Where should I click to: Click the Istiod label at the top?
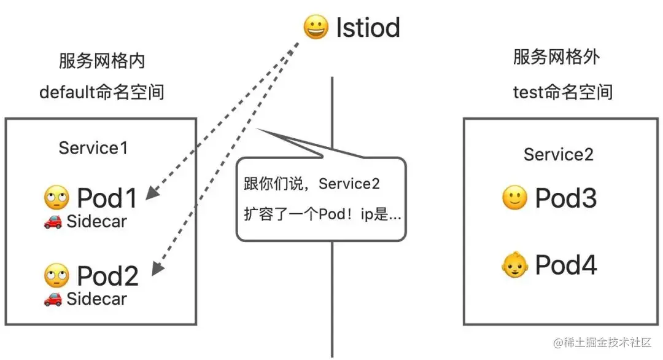tap(368, 28)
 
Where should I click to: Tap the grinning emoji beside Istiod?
tap(316, 28)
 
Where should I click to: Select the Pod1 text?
tap(108, 198)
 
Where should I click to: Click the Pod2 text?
tap(108, 276)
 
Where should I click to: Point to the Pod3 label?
tap(566, 198)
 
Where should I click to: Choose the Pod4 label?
tap(566, 265)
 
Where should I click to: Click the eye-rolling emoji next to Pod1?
tap(56, 198)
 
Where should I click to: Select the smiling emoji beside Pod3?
tap(514, 198)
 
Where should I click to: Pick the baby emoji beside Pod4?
tap(514, 266)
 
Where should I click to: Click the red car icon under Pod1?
tap(52, 222)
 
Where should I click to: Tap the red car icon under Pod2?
tap(52, 299)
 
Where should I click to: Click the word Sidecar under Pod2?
tap(96, 299)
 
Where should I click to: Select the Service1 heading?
tap(93, 148)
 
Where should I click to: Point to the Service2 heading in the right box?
tap(559, 154)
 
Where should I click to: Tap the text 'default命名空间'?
tap(102, 93)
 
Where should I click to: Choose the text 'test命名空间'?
tap(563, 93)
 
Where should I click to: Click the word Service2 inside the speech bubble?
tap(349, 184)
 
